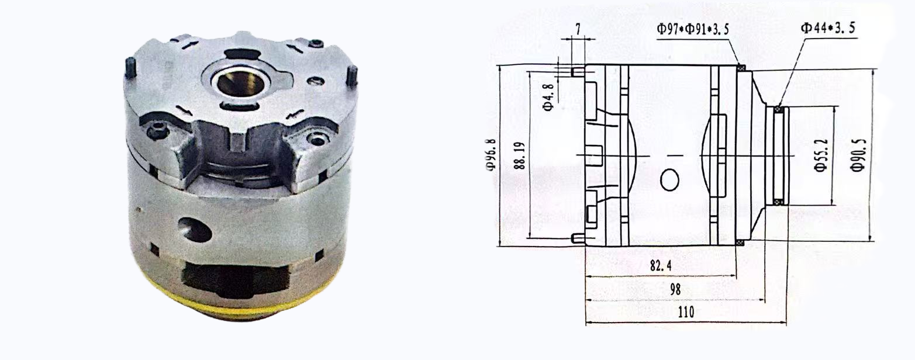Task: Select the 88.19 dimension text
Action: click(519, 155)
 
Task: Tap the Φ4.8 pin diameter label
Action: click(548, 96)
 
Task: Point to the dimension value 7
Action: click(577, 29)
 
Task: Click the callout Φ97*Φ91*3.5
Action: click(692, 29)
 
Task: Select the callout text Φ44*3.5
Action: click(828, 27)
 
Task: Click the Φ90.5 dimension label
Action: click(858, 155)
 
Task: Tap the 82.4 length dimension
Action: click(660, 266)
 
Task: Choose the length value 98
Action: click(675, 290)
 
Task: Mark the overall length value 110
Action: click(685, 312)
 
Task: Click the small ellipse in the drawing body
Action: click(670, 180)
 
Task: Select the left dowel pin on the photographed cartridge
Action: click(131, 68)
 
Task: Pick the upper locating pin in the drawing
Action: click(577, 71)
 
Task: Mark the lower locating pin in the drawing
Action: click(577, 238)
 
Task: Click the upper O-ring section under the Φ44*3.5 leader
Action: click(778, 109)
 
